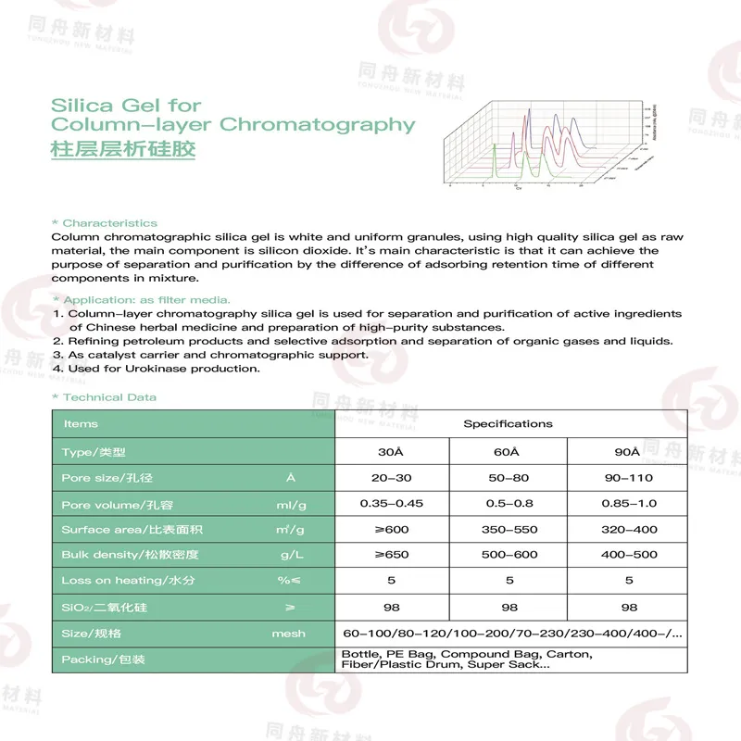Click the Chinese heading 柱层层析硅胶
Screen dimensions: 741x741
(x=123, y=148)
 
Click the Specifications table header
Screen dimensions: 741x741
(x=508, y=424)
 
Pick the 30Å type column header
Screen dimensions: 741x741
(x=391, y=452)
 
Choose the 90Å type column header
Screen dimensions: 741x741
(x=628, y=452)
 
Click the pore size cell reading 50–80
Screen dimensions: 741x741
(x=508, y=478)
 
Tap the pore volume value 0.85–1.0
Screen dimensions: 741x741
(x=628, y=504)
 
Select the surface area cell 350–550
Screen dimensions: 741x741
(x=508, y=530)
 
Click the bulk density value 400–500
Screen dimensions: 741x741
(x=628, y=555)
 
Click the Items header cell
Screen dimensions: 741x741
(x=81, y=424)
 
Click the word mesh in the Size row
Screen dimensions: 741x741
(x=288, y=634)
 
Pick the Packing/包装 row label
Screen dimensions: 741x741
(x=103, y=659)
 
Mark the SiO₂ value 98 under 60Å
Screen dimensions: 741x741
(x=508, y=608)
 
